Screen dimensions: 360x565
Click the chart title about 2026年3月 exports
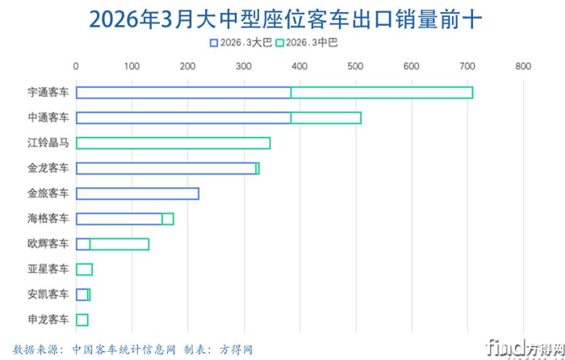point(282,17)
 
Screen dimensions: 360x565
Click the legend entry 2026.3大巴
point(241,41)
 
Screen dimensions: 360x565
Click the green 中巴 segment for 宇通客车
point(381,93)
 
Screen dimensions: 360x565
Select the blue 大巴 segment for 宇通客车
point(183,93)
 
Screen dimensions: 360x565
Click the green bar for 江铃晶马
point(173,143)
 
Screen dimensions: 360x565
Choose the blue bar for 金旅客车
point(137,194)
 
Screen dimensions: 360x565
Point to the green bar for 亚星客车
point(84,269)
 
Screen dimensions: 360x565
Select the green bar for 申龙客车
point(82,320)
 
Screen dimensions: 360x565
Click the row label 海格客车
point(48,219)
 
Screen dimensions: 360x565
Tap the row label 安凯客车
point(48,295)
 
